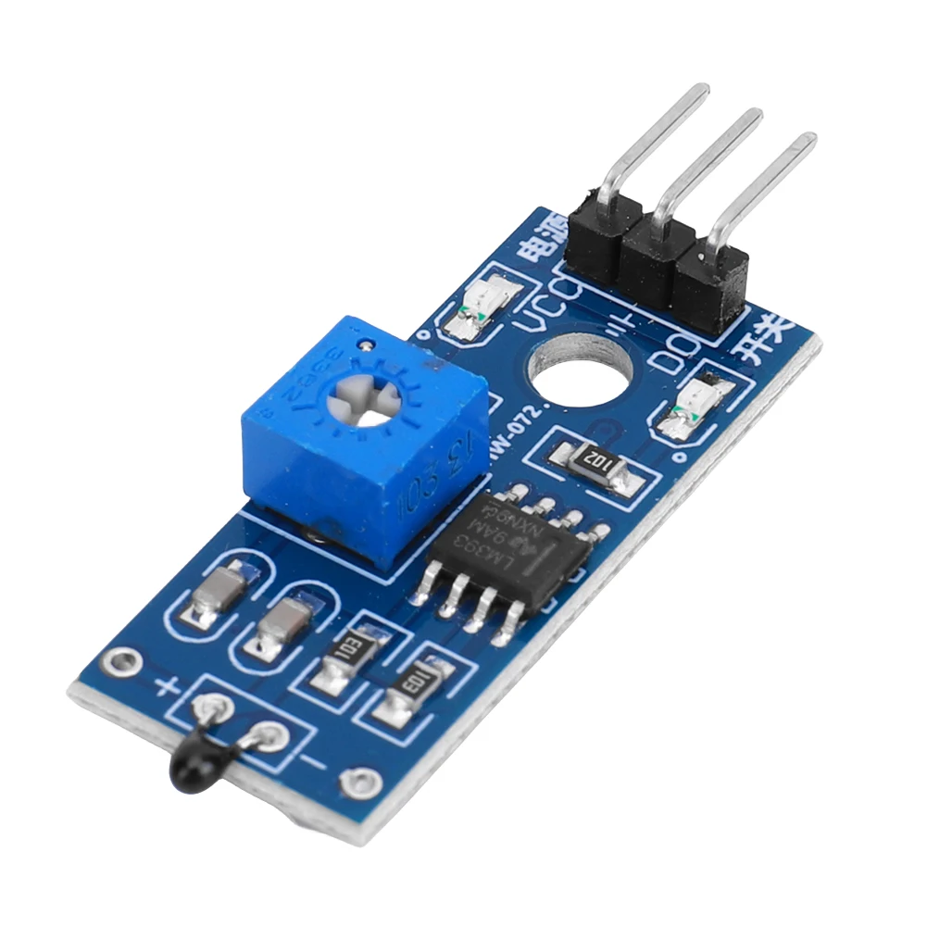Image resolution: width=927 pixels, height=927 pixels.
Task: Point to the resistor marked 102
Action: pos(596,463)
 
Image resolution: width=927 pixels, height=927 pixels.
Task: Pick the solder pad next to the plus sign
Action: pos(208,708)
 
